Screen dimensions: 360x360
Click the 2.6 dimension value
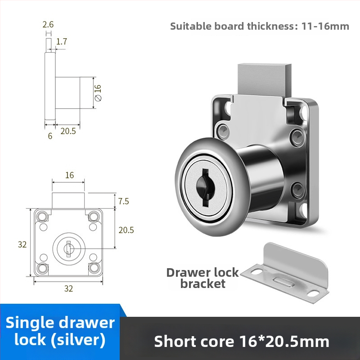pyautogui.click(x=48, y=24)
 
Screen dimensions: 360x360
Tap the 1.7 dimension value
pyautogui.click(x=62, y=41)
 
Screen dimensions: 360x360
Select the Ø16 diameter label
pyautogui.click(x=98, y=93)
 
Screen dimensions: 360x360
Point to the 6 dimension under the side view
pyautogui.click(x=50, y=136)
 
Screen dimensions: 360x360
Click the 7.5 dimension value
pyautogui.click(x=123, y=201)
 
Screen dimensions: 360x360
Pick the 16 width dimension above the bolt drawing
pyautogui.click(x=69, y=175)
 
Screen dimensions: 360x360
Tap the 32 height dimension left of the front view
pyautogui.click(x=22, y=244)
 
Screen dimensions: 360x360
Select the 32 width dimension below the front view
pyautogui.click(x=68, y=288)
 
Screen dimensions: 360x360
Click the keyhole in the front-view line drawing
pyautogui.click(x=69, y=249)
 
